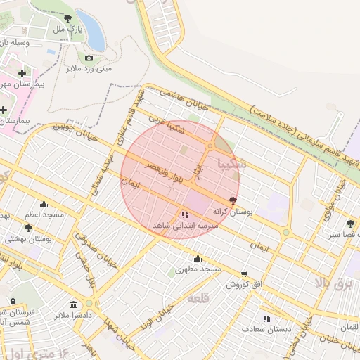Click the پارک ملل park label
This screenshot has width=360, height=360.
[69, 30]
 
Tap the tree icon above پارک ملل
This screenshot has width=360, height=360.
[67, 19]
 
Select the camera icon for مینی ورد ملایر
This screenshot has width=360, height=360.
[89, 58]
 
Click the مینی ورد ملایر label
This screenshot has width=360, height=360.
[89, 69]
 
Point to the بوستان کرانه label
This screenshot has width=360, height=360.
[231, 211]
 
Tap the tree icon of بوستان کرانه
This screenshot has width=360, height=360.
[233, 200]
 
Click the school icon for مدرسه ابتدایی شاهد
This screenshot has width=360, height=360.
[184, 214]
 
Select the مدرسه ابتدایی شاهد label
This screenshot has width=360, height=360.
[186, 226]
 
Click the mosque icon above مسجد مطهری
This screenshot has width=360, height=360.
[198, 258]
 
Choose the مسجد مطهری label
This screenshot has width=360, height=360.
[198, 269]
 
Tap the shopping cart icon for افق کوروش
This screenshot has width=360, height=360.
[244, 274]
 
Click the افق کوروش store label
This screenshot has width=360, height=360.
[243, 285]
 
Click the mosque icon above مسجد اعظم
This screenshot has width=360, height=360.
[44, 205]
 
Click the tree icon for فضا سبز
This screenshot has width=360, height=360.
[350, 224]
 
